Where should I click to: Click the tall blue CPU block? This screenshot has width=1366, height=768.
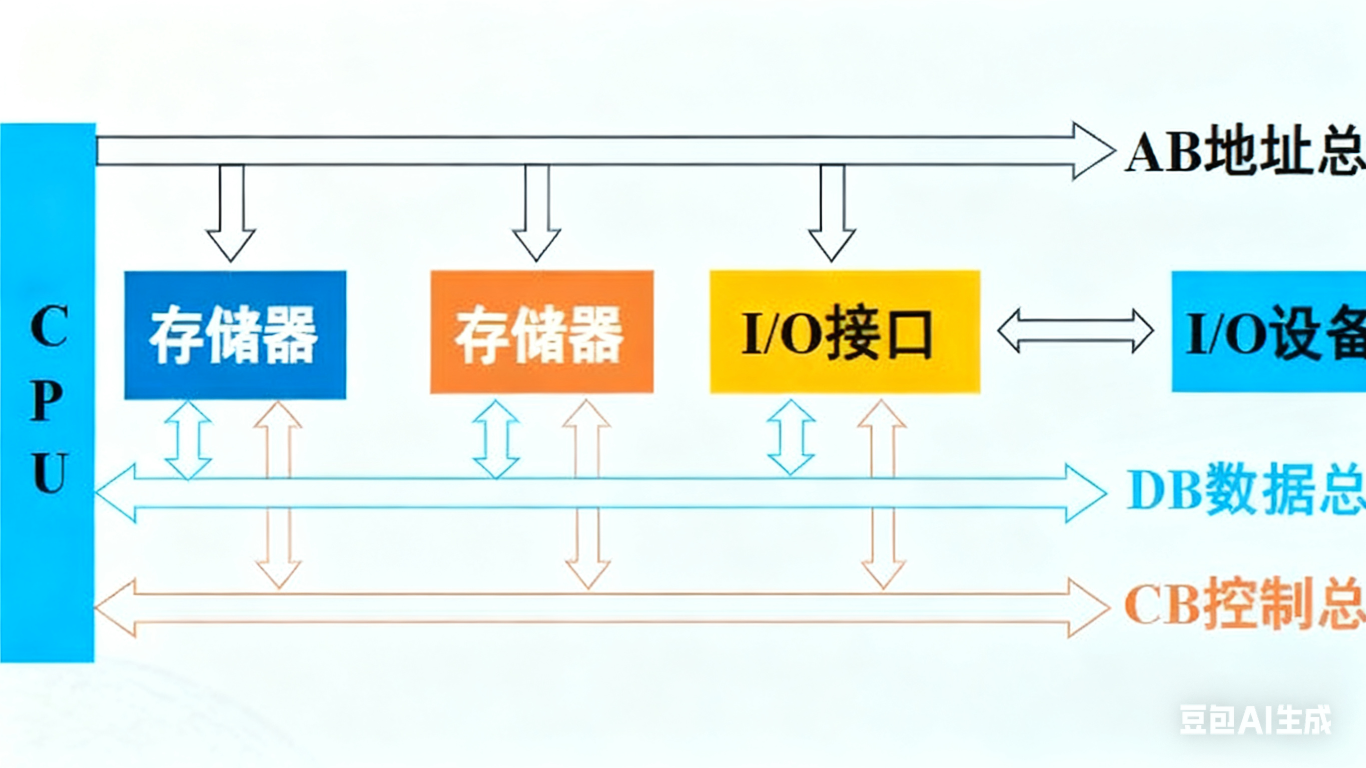pos(48,392)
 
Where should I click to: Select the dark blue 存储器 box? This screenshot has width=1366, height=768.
pos(235,335)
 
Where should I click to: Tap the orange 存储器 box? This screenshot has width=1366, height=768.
pos(541,332)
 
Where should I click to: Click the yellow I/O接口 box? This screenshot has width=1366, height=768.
pos(845,332)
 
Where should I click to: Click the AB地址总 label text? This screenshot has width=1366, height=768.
pos(1243,152)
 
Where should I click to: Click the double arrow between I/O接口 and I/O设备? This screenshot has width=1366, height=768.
pos(1075,331)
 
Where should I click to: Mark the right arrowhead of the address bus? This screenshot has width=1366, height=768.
pos(1092,151)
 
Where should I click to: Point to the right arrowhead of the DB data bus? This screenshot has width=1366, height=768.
pos(1084,493)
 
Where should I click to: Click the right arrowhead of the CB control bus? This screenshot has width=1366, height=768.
pos(1087,608)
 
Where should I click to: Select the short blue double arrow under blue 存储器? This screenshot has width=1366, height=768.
pos(188,440)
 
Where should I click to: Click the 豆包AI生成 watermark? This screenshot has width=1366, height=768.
pos(1254,720)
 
